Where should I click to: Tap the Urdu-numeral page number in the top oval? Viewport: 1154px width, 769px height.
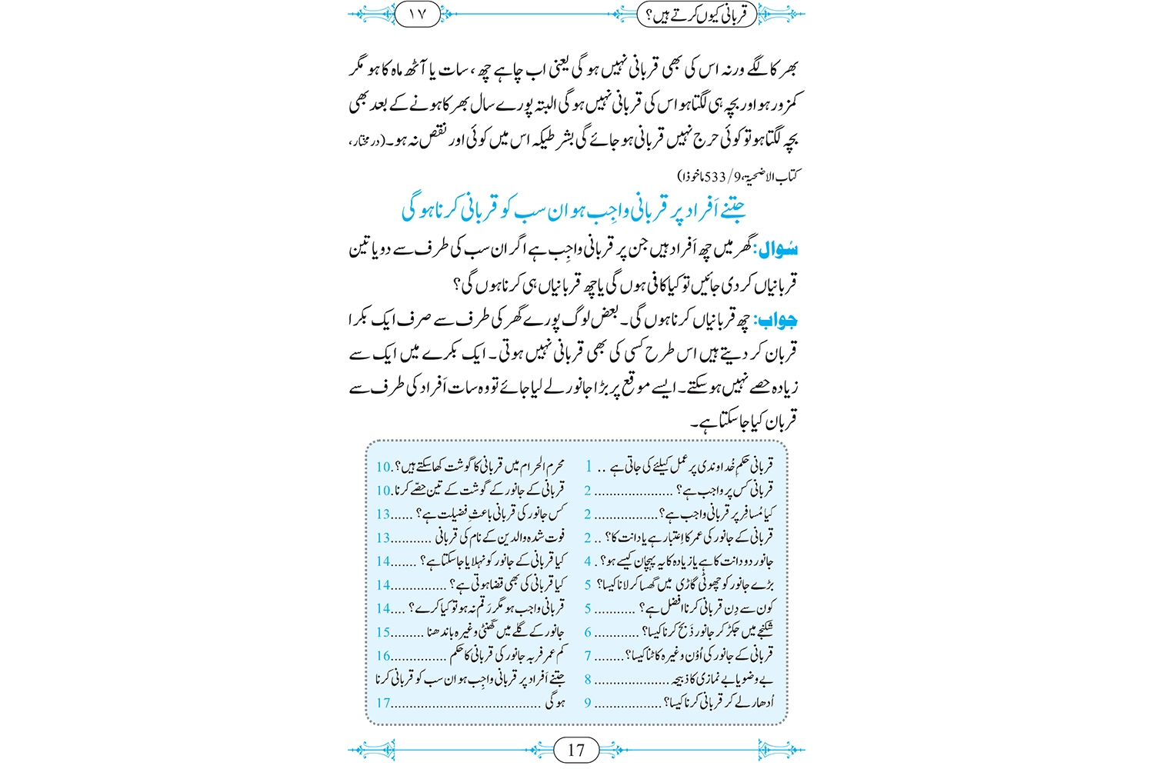[x=416, y=14]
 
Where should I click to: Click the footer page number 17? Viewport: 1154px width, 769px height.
[x=576, y=750]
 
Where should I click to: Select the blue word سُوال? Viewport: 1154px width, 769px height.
[x=777, y=250]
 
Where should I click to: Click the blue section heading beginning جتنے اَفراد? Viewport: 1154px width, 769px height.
[x=574, y=210]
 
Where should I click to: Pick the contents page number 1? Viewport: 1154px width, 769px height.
[x=589, y=467]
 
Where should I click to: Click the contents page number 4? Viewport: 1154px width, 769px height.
[x=588, y=561]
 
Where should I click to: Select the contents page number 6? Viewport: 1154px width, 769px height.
[x=588, y=632]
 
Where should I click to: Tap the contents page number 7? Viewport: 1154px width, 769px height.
[x=588, y=656]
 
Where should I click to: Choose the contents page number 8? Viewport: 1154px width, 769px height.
[x=588, y=680]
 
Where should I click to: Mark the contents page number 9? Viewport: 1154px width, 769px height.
[x=588, y=703]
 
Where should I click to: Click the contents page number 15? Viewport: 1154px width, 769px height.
[x=383, y=632]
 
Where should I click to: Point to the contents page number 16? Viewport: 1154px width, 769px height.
[x=383, y=656]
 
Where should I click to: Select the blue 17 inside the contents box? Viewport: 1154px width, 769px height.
[x=383, y=703]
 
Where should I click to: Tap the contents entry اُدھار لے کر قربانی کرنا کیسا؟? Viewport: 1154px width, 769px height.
[x=719, y=703]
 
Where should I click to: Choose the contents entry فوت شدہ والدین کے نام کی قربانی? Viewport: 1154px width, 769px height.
[x=500, y=538]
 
